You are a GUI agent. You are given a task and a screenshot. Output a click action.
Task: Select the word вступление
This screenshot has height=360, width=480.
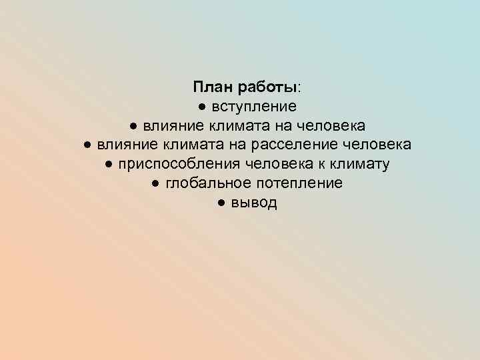tap(255, 107)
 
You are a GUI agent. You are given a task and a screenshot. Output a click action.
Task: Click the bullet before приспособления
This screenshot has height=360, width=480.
tap(109, 165)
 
